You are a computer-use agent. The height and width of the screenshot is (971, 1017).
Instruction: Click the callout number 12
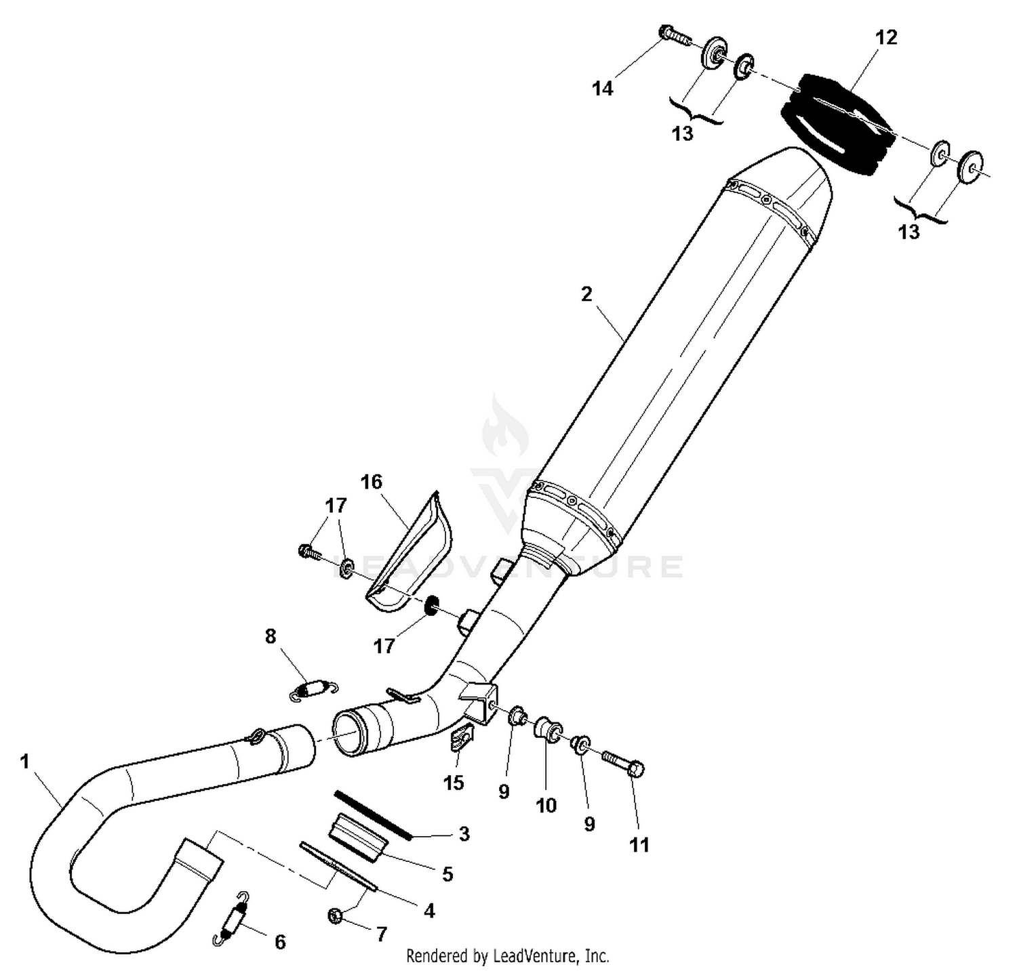point(886,37)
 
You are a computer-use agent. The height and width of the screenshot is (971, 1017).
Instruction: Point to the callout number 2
point(586,294)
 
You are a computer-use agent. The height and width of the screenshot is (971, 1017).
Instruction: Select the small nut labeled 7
point(334,916)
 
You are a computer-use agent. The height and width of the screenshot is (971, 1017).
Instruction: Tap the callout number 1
point(25,762)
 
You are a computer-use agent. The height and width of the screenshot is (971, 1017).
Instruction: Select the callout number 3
point(464,833)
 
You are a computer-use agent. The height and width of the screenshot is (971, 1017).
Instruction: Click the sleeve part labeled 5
point(358,839)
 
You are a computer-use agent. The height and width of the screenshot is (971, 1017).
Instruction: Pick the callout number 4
point(429,911)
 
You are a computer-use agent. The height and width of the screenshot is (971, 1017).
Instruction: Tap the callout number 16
point(372,482)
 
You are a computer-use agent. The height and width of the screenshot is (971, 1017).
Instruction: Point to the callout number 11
point(639,845)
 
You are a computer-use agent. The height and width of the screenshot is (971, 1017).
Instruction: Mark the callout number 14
point(602,88)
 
